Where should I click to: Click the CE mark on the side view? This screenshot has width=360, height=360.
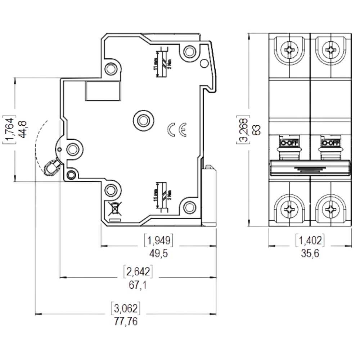(177, 130)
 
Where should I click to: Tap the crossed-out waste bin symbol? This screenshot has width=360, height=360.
(114, 209)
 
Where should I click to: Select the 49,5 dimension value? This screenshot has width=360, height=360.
(158, 253)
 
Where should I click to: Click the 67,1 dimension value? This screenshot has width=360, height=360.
(138, 285)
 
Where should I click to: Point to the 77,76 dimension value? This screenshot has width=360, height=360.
(126, 321)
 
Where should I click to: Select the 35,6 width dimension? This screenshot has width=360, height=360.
(310, 253)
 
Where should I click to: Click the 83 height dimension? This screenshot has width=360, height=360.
(256, 130)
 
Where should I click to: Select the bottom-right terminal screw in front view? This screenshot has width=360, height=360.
(330, 208)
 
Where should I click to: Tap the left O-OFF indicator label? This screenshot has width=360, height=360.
(289, 143)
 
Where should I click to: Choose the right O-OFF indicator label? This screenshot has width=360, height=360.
(330, 143)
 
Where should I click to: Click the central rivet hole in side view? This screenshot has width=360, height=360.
(143, 120)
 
